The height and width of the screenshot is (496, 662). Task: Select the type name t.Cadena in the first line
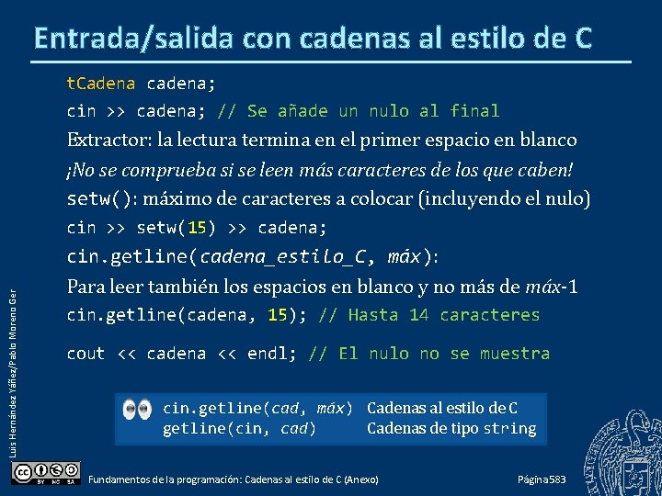pos(100,84)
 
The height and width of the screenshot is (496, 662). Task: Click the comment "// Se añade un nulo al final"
pos(359,111)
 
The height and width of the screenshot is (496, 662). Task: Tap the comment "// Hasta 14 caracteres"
pos(429,315)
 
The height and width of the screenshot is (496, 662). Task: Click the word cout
pos(86,354)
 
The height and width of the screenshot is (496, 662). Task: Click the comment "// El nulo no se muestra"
pos(429,354)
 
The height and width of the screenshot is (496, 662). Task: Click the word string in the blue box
pos(508,429)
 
